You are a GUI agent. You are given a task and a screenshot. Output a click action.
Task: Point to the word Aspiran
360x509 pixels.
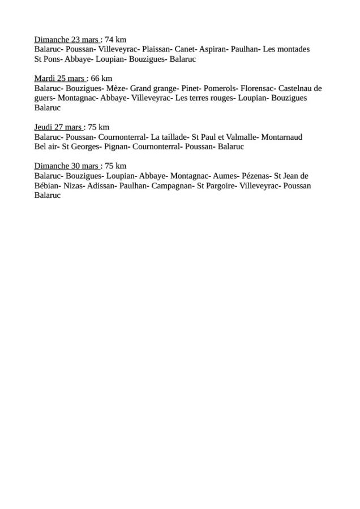point(213,49)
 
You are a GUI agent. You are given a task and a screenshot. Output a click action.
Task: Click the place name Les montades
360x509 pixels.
point(286,49)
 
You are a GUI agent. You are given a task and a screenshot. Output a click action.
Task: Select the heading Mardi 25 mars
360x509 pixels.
point(59,79)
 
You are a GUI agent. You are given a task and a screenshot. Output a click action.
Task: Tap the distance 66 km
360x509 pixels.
point(101,79)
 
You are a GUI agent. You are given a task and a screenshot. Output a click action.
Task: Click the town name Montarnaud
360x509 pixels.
point(282,137)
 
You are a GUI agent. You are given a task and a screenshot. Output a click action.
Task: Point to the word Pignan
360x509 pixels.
point(117,146)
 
